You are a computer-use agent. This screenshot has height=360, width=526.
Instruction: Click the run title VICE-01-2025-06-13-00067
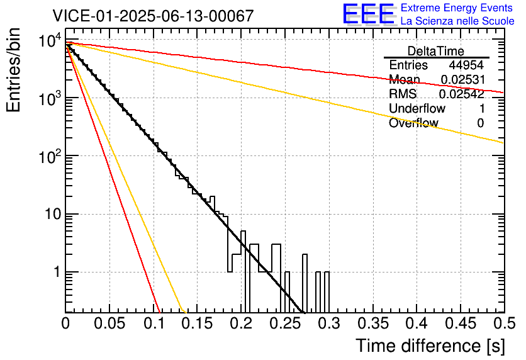(153, 16)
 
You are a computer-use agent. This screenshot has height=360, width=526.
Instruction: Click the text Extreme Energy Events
(457, 8)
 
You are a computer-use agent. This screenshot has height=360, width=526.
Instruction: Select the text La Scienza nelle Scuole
(457, 21)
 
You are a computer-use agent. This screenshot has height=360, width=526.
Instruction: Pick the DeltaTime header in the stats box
(435, 51)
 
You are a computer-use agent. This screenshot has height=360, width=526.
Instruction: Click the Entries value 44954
(466, 65)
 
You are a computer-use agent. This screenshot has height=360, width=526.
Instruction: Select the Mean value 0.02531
(462, 80)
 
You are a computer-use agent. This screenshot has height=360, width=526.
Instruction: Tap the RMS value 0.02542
(462, 94)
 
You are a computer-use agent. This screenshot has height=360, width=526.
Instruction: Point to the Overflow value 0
(481, 123)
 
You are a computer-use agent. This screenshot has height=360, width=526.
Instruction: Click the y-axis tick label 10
(51, 215)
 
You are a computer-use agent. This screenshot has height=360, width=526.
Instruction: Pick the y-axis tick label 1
(55, 273)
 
